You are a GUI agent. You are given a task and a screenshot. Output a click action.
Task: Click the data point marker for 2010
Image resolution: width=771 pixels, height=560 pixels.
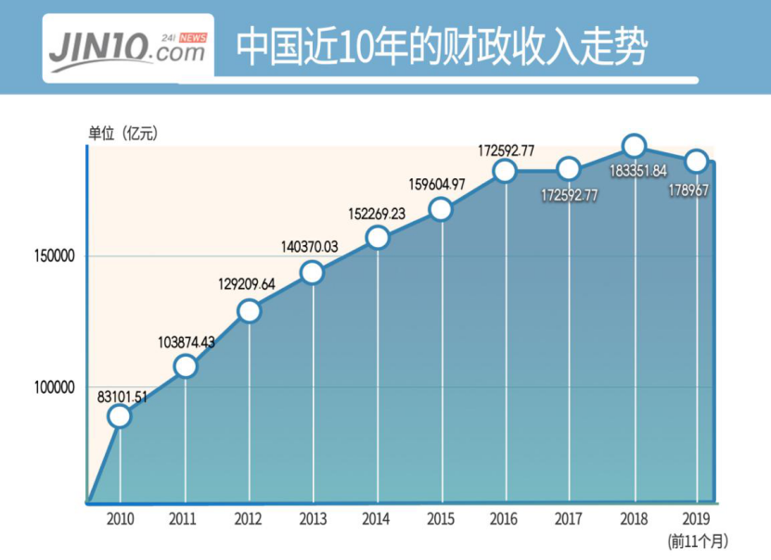point(119,416)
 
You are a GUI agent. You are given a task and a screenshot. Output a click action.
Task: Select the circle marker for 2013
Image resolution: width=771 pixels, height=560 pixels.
point(313,272)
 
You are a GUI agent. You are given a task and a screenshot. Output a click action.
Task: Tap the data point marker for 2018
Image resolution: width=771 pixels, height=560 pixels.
point(634,146)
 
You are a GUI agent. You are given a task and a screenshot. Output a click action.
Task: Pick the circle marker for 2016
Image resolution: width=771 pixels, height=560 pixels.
point(505,171)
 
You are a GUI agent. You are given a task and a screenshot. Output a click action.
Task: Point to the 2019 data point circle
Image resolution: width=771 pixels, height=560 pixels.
point(697,161)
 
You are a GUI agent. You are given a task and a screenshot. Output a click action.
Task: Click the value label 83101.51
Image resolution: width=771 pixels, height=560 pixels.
point(122,397)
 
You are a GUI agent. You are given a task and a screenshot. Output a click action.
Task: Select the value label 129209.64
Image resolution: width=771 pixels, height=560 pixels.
point(247,284)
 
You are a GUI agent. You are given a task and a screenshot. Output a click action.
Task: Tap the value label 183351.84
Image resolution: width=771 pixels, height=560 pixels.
point(638,171)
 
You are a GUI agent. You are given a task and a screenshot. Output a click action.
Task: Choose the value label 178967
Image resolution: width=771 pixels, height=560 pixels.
point(688,190)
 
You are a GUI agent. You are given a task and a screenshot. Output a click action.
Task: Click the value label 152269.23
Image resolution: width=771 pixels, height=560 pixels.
point(377,214)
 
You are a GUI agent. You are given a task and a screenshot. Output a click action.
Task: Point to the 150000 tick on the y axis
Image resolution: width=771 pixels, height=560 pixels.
point(54,256)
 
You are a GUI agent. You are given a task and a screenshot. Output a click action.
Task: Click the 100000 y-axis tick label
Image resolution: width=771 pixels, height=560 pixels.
point(54,387)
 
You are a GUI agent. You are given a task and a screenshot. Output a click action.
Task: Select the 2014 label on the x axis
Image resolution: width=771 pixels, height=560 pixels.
point(376,518)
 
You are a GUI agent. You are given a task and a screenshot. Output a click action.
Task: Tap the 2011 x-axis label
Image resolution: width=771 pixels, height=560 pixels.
point(183,518)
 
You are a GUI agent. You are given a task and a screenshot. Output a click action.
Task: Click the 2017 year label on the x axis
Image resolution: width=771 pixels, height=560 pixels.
point(569,518)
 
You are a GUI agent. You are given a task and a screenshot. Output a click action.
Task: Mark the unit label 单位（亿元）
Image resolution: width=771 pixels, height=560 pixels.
point(122,133)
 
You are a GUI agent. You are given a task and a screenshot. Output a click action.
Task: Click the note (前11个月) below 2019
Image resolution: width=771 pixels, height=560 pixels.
point(698,541)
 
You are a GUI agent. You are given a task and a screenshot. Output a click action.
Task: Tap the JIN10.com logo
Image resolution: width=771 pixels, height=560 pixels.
point(128,48)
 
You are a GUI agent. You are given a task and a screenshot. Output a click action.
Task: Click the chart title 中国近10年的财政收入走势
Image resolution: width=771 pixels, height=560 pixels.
point(442,47)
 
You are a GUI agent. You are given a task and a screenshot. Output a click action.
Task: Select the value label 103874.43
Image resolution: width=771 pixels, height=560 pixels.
point(186,342)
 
